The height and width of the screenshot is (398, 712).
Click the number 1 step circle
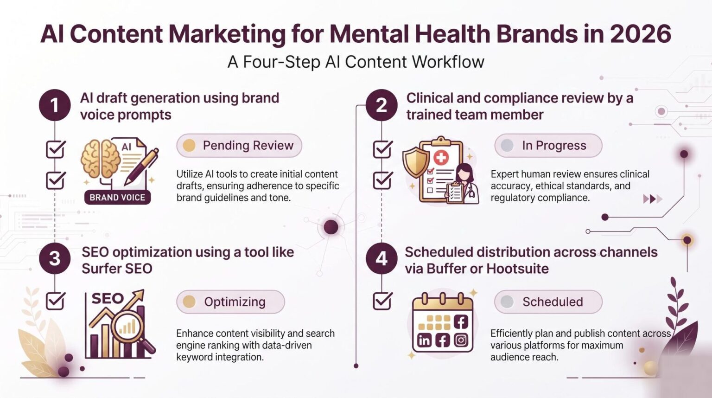[x=55, y=105]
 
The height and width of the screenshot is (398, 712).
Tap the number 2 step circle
[x=381, y=105]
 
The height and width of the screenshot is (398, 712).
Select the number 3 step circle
[x=55, y=258]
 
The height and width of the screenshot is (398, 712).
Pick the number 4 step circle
[x=381, y=258]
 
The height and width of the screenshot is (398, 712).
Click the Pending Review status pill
[x=239, y=145]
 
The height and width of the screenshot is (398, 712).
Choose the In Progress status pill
[x=548, y=145]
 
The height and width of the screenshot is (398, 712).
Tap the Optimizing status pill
[x=230, y=302]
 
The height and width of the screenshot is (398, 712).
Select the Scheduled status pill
[x=548, y=302]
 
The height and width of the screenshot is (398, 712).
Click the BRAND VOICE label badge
[x=117, y=198]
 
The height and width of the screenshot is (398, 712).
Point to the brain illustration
[x=101, y=159]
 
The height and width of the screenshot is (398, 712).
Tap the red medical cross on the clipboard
[x=441, y=157]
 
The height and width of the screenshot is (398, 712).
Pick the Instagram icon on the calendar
[x=461, y=340]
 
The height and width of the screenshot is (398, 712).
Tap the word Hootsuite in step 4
[x=517, y=269]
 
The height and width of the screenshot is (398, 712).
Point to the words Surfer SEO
[x=117, y=269]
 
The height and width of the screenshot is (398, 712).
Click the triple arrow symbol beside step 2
[x=653, y=199]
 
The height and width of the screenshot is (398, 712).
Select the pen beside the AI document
[x=141, y=167]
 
